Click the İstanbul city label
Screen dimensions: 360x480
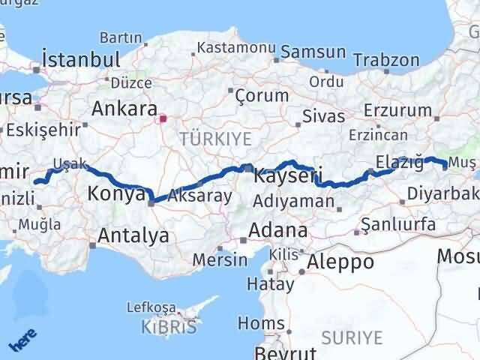click(82, 59)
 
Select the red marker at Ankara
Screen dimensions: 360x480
click(163, 118)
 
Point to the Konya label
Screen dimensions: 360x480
click(116, 193)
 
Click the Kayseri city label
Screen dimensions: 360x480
click(287, 178)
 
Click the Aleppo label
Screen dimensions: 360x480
click(340, 262)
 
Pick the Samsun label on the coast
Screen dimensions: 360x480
click(311, 52)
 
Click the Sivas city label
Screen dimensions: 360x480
click(324, 116)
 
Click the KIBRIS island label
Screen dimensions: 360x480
click(169, 326)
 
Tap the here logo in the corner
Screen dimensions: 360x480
click(23, 343)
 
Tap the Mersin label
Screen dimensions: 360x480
click(220, 259)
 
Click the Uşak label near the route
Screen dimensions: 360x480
click(70, 163)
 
